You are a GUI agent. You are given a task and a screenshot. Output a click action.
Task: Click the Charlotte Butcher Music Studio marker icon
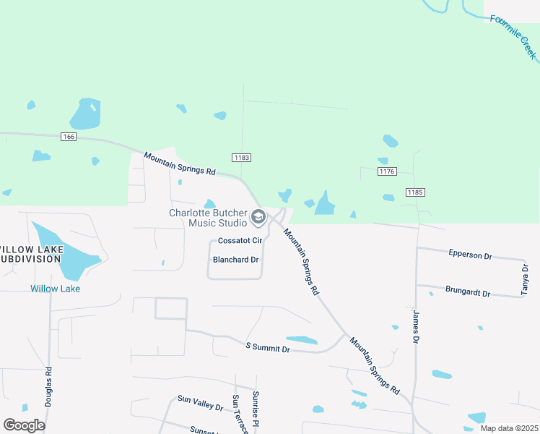[x=258, y=217]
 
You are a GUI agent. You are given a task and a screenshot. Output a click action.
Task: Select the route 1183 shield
[x=241, y=157]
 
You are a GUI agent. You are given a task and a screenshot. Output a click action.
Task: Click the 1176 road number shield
[x=388, y=171]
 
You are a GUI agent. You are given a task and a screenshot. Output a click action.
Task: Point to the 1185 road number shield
[x=414, y=192]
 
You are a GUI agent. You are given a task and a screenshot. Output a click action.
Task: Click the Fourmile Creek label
[x=514, y=35]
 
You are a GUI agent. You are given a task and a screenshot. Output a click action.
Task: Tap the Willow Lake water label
[x=55, y=289]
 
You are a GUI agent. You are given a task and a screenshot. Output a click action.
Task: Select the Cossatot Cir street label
[x=240, y=241]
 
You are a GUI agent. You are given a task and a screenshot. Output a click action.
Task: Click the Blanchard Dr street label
[x=235, y=260]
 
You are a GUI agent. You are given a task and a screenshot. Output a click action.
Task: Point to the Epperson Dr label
[x=469, y=255]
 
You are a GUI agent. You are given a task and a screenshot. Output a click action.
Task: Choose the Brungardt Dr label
[x=468, y=293]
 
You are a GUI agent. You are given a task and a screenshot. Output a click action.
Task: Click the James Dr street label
[x=415, y=327]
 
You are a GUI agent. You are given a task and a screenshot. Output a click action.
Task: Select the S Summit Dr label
[x=267, y=349]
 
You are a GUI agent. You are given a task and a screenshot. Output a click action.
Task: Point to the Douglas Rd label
[x=48, y=386]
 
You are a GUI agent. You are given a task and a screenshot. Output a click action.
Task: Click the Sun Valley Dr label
[x=200, y=403]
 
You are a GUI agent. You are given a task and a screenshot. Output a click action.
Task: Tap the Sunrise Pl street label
[x=255, y=409]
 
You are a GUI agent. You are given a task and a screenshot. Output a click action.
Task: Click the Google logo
[x=25, y=425]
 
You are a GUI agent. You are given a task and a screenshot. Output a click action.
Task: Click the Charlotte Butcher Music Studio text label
[x=207, y=217]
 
